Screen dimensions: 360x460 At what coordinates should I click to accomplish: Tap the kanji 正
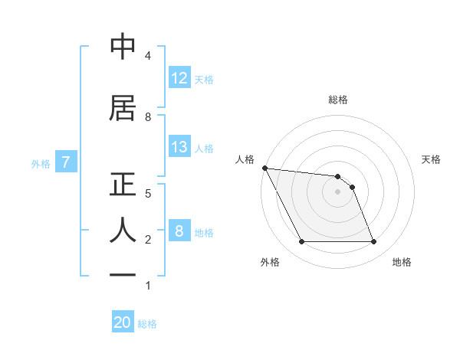[123, 186]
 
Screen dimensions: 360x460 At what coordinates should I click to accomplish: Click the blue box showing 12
[179, 78]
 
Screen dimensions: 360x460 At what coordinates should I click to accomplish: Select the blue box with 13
[179, 147]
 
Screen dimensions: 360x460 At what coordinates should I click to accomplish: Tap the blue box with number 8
[179, 231]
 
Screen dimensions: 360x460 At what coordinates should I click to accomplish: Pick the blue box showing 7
[66, 162]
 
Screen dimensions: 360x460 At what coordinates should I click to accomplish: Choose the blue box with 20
[123, 323]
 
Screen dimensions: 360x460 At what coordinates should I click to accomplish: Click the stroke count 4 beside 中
[147, 56]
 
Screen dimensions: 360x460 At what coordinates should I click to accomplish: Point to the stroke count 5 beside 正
[147, 193]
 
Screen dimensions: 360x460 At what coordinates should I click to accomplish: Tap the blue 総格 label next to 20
[147, 324]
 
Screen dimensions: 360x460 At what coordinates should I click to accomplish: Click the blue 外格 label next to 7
[41, 162]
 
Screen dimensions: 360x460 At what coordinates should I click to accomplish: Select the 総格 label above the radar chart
[338, 100]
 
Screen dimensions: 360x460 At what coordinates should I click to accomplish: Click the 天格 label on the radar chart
[432, 159]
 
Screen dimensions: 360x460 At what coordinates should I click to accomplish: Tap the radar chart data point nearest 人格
[264, 168]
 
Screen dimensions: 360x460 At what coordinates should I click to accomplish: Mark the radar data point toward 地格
[373, 242]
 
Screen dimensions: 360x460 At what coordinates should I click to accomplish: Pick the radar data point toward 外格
[301, 242]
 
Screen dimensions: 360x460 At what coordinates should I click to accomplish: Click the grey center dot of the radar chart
[337, 191]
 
